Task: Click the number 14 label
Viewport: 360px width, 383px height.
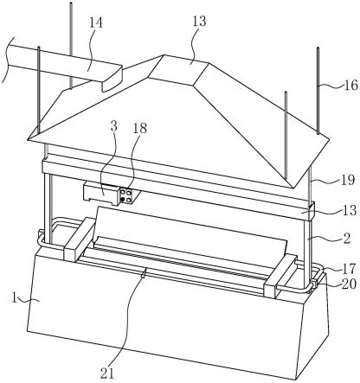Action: click(96, 22)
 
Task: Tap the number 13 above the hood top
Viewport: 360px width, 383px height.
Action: click(199, 21)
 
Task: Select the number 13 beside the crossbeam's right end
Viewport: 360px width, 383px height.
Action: click(350, 210)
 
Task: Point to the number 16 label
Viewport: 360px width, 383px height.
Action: click(351, 85)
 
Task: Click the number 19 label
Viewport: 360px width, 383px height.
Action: click(348, 180)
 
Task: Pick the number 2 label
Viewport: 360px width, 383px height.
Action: click(347, 239)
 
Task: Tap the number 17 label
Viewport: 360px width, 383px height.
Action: click(348, 269)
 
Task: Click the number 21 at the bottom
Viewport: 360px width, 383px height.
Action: click(107, 373)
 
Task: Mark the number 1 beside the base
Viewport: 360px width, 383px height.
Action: click(14, 297)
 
